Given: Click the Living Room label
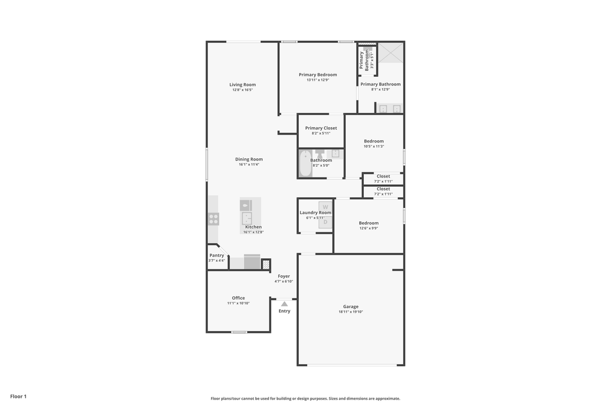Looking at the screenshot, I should [x=242, y=85].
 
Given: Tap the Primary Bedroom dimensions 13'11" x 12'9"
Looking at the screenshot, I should [x=317, y=80].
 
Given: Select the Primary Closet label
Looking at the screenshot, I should [x=321, y=128].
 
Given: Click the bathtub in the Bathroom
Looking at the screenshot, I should [x=305, y=163].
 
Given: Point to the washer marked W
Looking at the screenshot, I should [x=325, y=206].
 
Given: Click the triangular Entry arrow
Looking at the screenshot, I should [x=284, y=304].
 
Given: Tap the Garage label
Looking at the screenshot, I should [x=351, y=306].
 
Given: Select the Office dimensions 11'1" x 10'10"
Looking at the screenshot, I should [x=238, y=304].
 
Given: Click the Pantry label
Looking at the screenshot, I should [x=217, y=256].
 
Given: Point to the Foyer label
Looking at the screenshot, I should [x=283, y=276].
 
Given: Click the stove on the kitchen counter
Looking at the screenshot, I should [x=213, y=218].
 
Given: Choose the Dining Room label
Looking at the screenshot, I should [x=249, y=159].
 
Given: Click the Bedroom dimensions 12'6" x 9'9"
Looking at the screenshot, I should [x=368, y=228].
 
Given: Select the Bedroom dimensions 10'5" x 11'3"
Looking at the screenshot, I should [x=373, y=146].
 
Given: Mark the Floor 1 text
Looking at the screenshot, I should [x=18, y=396].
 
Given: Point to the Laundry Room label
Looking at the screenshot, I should [x=315, y=213].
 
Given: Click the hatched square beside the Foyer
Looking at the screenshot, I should [x=266, y=265].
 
